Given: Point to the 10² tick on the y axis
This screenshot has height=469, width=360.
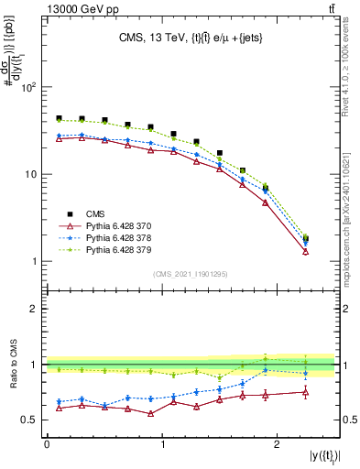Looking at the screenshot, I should (29, 88).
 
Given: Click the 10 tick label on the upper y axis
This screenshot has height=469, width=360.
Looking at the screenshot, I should (31, 174).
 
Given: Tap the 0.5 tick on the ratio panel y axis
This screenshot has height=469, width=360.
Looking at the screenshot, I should (29, 420).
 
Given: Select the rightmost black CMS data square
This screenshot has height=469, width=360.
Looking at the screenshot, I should (306, 239).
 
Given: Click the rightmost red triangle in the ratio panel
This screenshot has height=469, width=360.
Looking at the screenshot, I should (306, 392).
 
